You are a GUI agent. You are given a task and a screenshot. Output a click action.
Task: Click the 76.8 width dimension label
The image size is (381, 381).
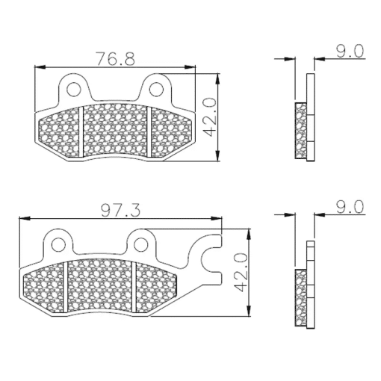click(x=115, y=58)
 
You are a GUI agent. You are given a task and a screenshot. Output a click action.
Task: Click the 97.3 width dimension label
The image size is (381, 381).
click(x=121, y=210)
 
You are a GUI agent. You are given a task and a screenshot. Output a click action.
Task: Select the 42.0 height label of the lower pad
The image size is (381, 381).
click(x=241, y=272)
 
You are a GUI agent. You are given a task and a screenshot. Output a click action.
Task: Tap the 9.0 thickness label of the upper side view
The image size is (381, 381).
click(x=350, y=52)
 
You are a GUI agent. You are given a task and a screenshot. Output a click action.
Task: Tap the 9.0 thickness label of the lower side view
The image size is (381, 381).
click(x=350, y=207)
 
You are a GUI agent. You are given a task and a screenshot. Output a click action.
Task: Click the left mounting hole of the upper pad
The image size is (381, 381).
click(x=74, y=89)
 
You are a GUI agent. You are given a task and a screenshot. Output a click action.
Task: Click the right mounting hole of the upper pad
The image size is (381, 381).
click(x=156, y=89)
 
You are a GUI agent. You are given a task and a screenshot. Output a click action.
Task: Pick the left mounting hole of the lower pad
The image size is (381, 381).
click(x=59, y=244)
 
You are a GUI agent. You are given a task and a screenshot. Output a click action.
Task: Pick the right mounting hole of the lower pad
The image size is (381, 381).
click(x=141, y=244)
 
